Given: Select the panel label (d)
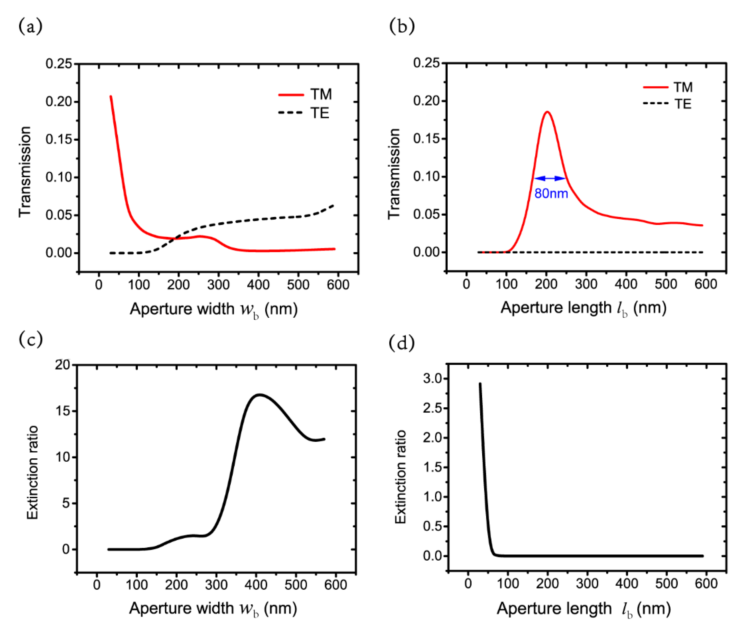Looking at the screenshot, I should click(x=402, y=343).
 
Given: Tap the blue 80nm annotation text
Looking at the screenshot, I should click(x=551, y=194).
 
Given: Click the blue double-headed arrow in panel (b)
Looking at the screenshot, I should click(x=550, y=178).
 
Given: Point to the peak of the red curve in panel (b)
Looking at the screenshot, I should click(x=547, y=112).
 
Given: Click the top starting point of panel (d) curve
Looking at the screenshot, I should click(x=480, y=384).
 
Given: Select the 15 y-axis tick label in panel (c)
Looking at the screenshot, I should click(x=63, y=411).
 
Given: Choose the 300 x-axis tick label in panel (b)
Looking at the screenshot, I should click(x=586, y=284).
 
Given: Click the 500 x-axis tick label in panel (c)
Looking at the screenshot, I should click(x=296, y=585).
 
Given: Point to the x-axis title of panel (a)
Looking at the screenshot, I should click(x=214, y=309).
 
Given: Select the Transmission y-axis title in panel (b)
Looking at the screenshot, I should click(x=394, y=174).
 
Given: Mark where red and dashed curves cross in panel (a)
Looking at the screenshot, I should click(x=177, y=238).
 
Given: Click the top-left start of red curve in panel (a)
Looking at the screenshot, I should click(x=111, y=97).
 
